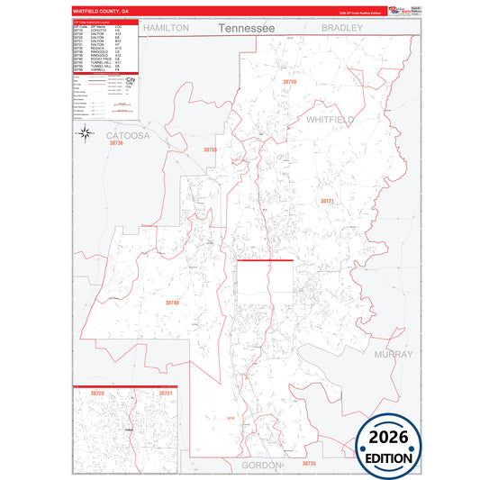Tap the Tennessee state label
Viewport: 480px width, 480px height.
tap(246, 29)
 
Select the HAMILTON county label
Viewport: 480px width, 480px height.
tap(167, 28)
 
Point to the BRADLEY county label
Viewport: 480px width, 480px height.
tap(343, 28)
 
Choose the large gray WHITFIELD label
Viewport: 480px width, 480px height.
tap(331, 119)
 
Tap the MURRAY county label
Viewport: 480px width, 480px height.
tap(393, 354)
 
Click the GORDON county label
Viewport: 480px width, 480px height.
tap(262, 465)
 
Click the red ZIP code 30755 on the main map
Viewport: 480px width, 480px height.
tap(211, 149)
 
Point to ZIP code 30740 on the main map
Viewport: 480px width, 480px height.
tap(172, 303)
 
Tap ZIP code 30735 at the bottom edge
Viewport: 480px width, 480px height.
tap(309, 463)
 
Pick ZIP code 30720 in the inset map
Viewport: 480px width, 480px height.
tap(97, 394)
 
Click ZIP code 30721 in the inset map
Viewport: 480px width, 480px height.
tap(165, 394)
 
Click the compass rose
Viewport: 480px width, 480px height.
tap(85, 134)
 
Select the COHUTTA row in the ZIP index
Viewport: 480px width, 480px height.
tap(90, 31)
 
